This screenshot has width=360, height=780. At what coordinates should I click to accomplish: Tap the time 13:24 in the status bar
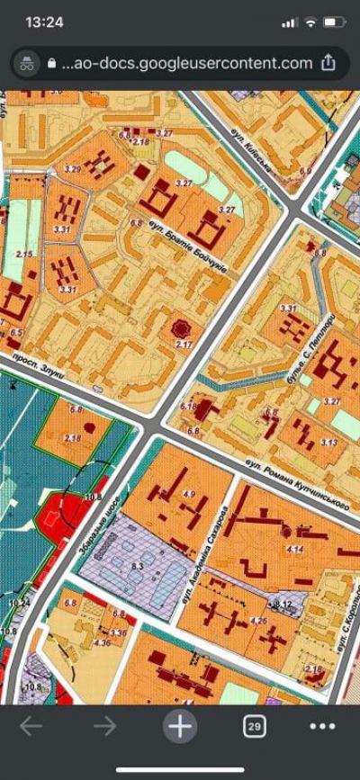pyautogui.click(x=44, y=22)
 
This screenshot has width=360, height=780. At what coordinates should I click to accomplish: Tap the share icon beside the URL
pyautogui.click(x=329, y=63)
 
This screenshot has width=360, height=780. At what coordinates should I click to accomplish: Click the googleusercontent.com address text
pyautogui.click(x=188, y=63)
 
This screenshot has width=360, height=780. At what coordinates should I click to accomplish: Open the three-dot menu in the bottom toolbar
pyautogui.click(x=321, y=726)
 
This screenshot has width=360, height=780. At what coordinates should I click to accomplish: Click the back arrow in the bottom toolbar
pyautogui.click(x=31, y=726)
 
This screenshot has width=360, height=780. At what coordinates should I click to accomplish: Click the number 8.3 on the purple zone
pyautogui.click(x=137, y=565)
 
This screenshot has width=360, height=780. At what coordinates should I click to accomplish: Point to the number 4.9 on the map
pyautogui.click(x=188, y=494)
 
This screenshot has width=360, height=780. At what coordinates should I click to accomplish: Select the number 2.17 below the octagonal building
pyautogui.click(x=184, y=345)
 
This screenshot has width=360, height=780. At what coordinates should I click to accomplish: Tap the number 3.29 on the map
pyautogui.click(x=74, y=169)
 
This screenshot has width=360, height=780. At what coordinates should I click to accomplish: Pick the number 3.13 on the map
pyautogui.click(x=329, y=443)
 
